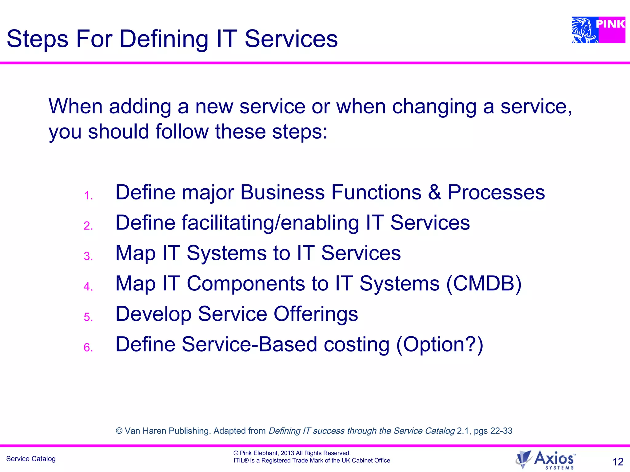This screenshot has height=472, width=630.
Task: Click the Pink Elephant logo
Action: pos(598,30)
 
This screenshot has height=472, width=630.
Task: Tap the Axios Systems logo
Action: pos(545,460)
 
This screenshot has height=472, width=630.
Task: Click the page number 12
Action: pos(618,462)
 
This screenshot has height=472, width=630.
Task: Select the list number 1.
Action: pos(88,196)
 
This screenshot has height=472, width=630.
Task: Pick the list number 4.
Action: pos(88,287)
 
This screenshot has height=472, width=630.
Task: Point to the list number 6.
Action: pos(88,348)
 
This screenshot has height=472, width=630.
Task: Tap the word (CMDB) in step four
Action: pos(484,283)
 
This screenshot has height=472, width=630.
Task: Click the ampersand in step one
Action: pos(434,192)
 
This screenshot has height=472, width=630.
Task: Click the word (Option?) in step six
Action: pos(440,344)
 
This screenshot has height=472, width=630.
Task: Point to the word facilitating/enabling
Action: pos(270,223)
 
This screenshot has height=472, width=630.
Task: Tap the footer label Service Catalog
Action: pos(31,459)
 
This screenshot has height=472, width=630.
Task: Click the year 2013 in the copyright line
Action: pos(287,453)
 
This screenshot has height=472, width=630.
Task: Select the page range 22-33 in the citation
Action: pos(501,431)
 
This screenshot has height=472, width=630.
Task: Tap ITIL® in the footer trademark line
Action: pos(241,460)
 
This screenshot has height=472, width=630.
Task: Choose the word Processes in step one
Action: pos(496,192)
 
